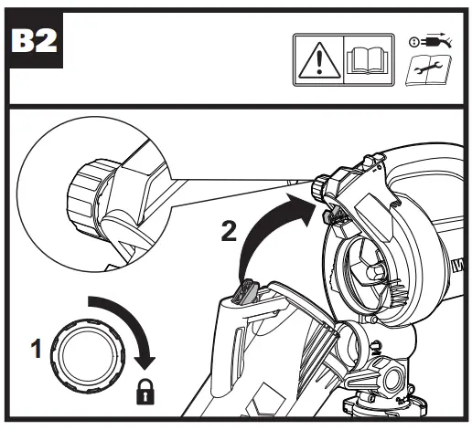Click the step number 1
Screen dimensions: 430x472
[37, 348]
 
